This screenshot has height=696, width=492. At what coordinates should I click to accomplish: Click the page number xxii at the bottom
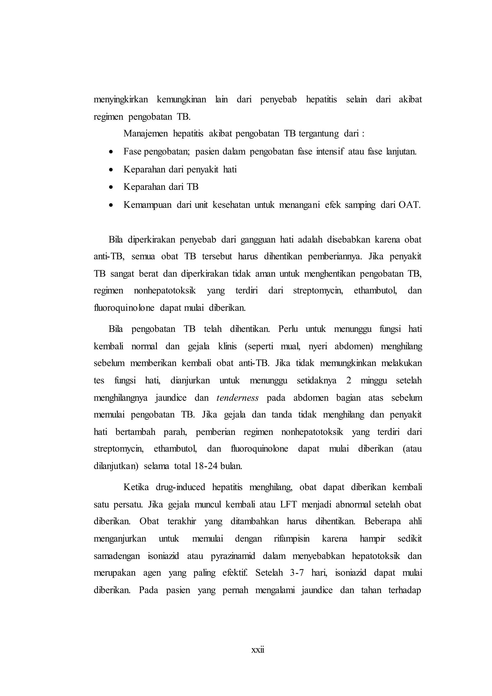pyautogui.click(x=258, y=650)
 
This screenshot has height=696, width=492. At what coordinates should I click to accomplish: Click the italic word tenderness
pyautogui.click(x=238, y=398)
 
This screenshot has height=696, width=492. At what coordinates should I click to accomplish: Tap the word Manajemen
pyautogui.click(x=145, y=134)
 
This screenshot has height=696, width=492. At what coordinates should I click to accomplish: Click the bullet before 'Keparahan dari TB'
pyautogui.click(x=111, y=187)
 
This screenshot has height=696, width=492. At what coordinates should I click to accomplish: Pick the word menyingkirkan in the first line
pyautogui.click(x=121, y=99)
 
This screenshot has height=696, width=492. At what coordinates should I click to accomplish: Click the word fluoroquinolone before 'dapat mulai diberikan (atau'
pyautogui.click(x=259, y=449)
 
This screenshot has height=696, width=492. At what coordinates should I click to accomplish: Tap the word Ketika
pyautogui.click(x=136, y=487)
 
